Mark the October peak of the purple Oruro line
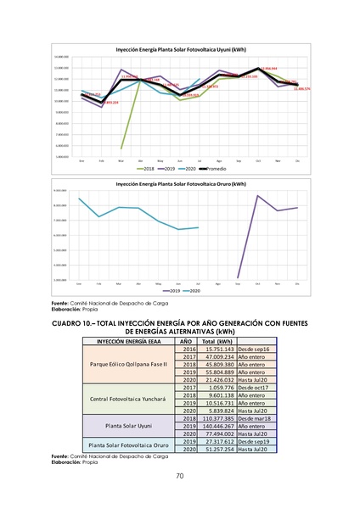tap(257, 196)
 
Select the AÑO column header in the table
tap(188, 341)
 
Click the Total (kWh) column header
tap(217, 341)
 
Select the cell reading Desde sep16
tap(255, 349)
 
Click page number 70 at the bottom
tap(180, 476)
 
